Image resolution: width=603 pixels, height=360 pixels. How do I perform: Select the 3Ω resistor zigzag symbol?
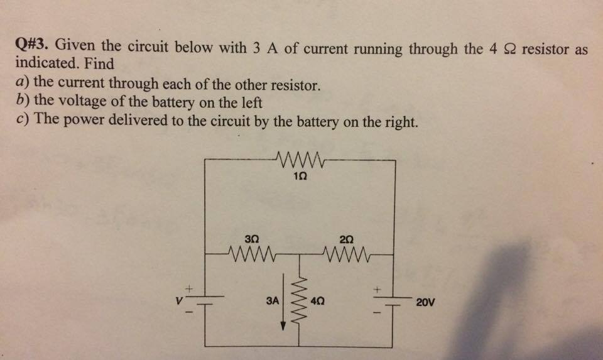click(x=251, y=255)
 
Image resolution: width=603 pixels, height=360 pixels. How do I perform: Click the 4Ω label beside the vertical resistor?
click(x=318, y=302)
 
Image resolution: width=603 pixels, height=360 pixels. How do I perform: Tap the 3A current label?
click(x=272, y=302)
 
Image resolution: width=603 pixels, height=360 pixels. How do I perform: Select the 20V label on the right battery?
click(x=425, y=302)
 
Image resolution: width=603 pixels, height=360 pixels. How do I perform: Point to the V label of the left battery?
click(x=180, y=302)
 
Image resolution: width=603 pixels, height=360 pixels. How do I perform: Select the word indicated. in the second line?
click(x=42, y=64)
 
